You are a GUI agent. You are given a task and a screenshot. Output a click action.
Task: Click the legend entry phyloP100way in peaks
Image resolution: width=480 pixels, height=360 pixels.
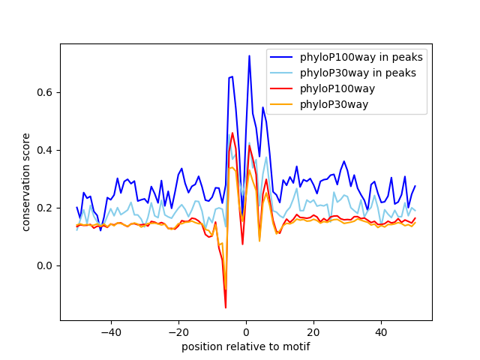pos(361,58)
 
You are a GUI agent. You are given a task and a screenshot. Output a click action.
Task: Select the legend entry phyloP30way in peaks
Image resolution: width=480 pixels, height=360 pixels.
pos(358,73)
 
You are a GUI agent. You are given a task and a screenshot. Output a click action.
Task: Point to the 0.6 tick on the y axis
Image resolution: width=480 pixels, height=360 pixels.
pos(46,92)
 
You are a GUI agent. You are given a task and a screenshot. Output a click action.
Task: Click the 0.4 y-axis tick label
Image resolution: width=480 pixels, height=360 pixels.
pos(46,150)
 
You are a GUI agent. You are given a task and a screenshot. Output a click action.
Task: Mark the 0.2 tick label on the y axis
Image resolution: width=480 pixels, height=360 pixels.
pos(46,208)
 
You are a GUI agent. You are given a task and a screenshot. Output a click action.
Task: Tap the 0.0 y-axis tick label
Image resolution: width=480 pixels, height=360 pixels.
pos(46,265)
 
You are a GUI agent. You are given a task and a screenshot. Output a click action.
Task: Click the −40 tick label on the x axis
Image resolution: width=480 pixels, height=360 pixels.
pos(110,331)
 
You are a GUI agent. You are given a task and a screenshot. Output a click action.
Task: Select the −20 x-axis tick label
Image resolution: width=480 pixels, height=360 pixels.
pos(178,331)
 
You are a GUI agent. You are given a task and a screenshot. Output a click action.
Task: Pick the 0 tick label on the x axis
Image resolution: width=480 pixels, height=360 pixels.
pos(246,331)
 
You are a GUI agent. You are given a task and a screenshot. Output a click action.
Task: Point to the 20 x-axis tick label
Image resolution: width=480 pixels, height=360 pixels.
pos(313,331)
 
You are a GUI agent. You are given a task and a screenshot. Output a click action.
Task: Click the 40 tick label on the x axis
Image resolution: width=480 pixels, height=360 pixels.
pos(381,331)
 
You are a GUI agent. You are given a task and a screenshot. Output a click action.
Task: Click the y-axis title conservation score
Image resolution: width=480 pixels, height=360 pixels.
pos(26,181)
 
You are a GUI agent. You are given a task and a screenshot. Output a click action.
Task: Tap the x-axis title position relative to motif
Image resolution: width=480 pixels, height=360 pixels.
pos(246,346)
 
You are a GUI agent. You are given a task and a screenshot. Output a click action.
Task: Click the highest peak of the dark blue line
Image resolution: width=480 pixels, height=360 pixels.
pos(249,55)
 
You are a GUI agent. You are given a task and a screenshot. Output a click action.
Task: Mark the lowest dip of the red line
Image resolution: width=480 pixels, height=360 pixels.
pos(226,307)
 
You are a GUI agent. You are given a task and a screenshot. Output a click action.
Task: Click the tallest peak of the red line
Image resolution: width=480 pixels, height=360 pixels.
pos(232,133)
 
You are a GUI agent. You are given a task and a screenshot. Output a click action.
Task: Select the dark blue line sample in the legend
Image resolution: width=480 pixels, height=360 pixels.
pos(282,58)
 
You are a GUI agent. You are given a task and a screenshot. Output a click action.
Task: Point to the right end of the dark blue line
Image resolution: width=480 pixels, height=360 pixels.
pos(415,186)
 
